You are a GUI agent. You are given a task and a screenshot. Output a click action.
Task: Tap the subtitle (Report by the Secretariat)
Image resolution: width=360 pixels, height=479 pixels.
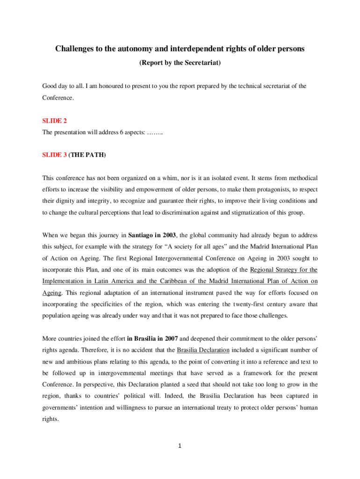(x=180, y=62)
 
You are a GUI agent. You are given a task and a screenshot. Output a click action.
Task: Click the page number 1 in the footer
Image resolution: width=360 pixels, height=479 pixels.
(x=180, y=445)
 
